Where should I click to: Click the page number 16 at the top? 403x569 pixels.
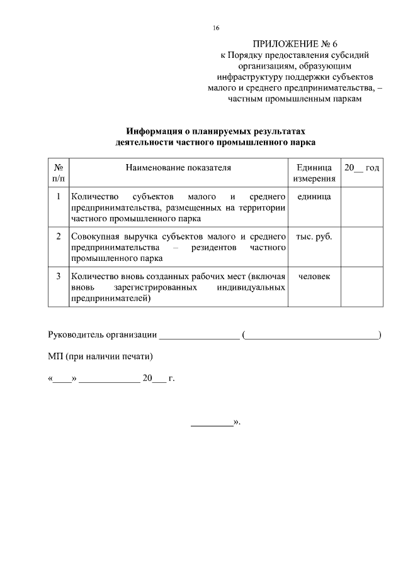(x=216, y=28)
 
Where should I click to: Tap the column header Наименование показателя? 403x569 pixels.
(x=178, y=168)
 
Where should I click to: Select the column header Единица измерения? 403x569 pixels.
(x=314, y=174)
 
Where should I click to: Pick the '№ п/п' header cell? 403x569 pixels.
(x=58, y=174)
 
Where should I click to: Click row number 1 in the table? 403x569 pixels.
(x=58, y=197)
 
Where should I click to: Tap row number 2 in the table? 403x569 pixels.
(x=58, y=237)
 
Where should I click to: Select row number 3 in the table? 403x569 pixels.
(x=58, y=277)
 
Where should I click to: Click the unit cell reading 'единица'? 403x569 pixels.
(x=314, y=197)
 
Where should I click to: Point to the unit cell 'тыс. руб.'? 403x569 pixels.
(x=314, y=237)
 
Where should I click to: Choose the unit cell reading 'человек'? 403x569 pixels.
(x=314, y=277)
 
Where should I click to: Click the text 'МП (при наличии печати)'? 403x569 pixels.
(x=100, y=356)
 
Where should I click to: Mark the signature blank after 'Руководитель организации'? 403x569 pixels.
(x=199, y=336)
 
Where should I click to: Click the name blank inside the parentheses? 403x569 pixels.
(x=311, y=336)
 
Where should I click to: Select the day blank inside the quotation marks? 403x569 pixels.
(x=62, y=380)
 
